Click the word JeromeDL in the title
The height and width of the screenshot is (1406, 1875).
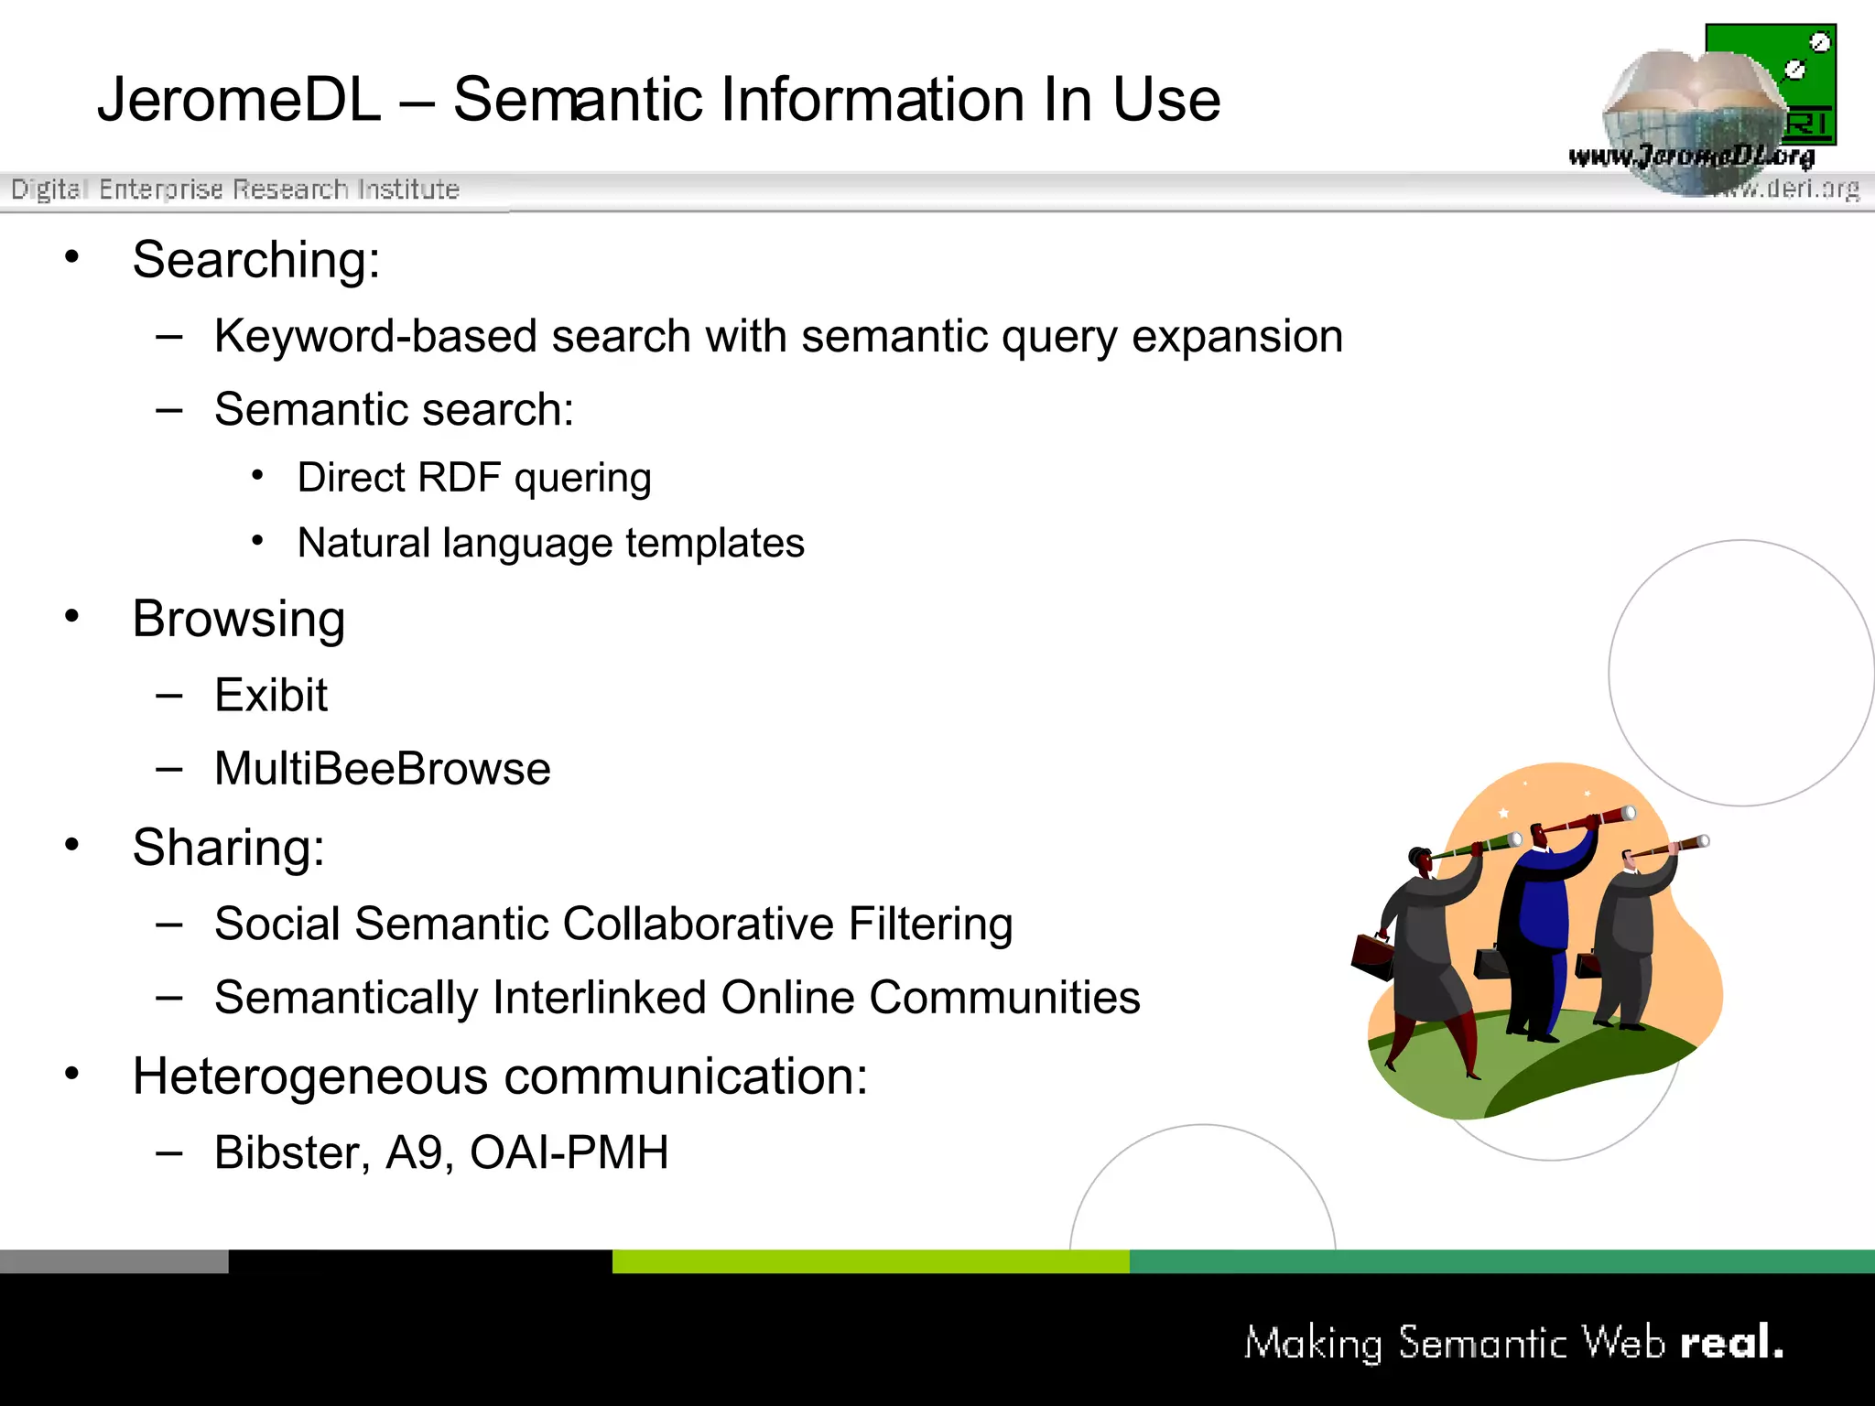239,100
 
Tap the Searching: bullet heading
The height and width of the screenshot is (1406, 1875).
255,260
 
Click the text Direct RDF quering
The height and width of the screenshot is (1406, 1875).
473,478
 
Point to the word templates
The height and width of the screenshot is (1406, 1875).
714,543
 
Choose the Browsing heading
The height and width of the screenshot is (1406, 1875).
238,620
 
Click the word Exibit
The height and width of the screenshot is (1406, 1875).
270,696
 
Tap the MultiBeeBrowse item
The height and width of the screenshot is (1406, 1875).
382,769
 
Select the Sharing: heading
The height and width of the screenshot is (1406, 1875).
228,848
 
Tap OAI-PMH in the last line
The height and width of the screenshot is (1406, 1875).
569,1152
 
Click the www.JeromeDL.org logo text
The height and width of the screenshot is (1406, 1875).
1690,157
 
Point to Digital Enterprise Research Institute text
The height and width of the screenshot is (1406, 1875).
235,189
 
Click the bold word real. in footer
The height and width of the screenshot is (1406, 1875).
1731,1343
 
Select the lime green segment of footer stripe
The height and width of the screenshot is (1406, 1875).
870,1261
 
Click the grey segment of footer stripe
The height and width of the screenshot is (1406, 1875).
114,1261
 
